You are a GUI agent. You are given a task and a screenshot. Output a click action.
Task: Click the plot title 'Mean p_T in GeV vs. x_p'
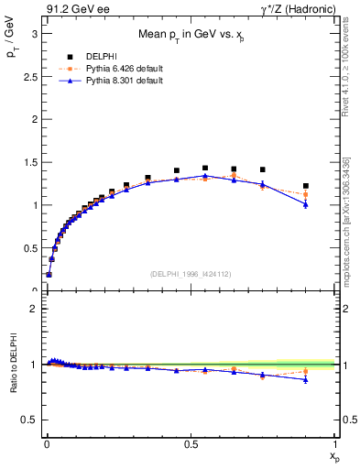click(x=190, y=35)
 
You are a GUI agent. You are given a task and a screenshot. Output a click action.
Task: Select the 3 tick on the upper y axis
click(x=33, y=33)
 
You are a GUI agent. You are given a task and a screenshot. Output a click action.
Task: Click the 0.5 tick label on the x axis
click(x=190, y=443)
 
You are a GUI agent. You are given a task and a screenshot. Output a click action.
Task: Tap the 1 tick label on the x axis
click(x=334, y=443)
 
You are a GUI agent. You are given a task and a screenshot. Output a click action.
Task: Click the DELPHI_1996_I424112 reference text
click(x=190, y=274)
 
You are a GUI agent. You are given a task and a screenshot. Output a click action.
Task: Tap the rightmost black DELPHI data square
click(x=306, y=186)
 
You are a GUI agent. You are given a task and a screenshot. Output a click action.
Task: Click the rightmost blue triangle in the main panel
click(x=306, y=204)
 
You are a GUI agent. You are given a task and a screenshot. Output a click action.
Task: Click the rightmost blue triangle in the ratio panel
click(x=306, y=379)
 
